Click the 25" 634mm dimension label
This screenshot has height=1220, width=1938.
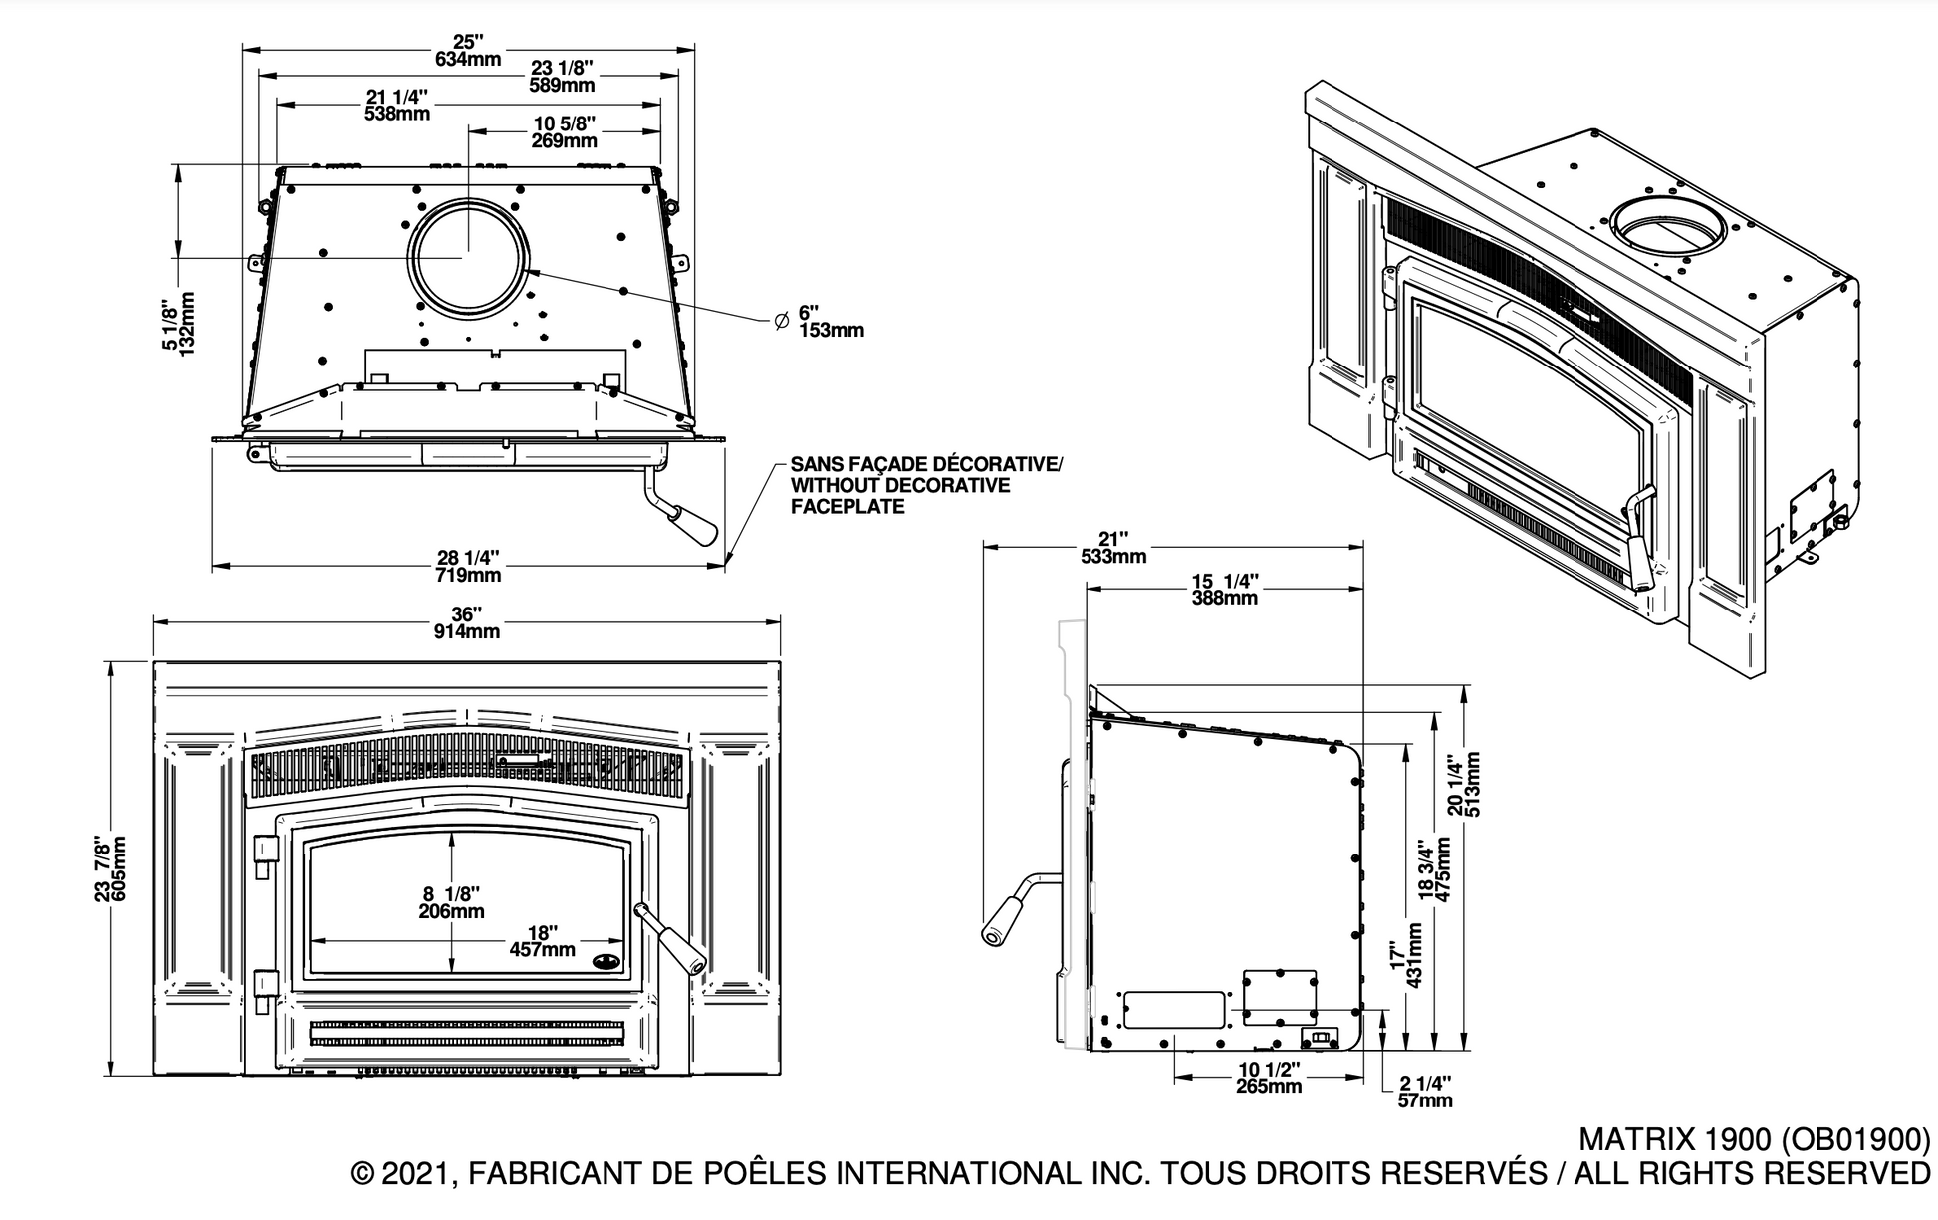click(x=468, y=50)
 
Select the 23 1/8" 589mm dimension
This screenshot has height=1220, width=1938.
click(x=562, y=76)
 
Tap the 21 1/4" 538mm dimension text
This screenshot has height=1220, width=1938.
click(x=397, y=105)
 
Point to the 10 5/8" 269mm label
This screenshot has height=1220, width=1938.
click(x=565, y=131)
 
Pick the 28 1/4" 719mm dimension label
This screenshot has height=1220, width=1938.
click(x=468, y=567)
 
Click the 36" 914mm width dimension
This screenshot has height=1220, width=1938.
click(x=467, y=622)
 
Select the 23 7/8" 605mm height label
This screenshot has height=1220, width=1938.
click(x=111, y=868)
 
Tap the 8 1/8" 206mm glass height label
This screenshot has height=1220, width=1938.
click(x=452, y=902)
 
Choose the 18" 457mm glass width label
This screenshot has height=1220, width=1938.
click(x=542, y=941)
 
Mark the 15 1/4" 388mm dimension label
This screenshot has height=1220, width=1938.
click(x=1225, y=589)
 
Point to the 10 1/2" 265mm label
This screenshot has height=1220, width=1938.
click(x=1268, y=1077)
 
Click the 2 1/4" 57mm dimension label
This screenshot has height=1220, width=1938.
click(x=1425, y=1091)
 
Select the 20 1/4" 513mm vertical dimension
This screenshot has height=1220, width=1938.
click(x=1465, y=785)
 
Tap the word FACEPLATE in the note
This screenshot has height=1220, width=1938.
click(x=848, y=506)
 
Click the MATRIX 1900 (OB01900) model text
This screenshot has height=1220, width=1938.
click(x=1754, y=1138)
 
